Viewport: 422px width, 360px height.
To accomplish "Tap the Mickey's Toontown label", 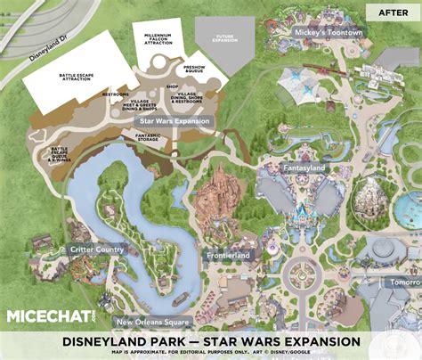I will click(x=330, y=33).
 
